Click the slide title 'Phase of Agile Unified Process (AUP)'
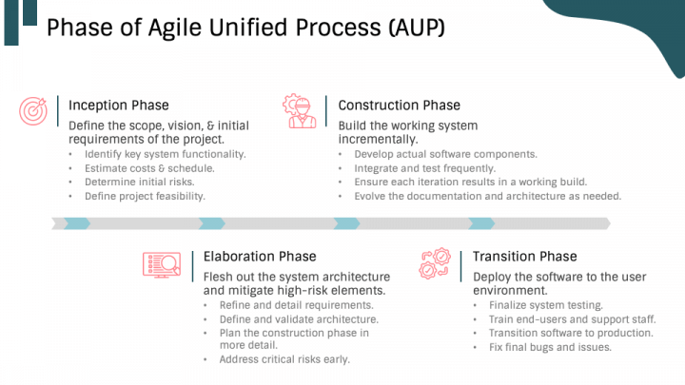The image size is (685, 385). pyautogui.click(x=245, y=27)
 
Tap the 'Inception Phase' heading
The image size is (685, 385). pyautogui.click(x=118, y=106)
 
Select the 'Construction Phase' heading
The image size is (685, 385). pyautogui.click(x=399, y=106)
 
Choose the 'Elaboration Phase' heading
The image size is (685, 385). pyautogui.click(x=260, y=257)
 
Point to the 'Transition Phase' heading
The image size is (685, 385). pyautogui.click(x=524, y=257)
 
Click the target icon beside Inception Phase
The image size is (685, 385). pyautogui.click(x=33, y=111)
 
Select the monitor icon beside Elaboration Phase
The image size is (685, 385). pyautogui.click(x=161, y=263)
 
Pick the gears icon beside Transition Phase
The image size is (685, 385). pyautogui.click(x=435, y=263)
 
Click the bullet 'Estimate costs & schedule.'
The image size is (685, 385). pyautogui.click(x=149, y=168)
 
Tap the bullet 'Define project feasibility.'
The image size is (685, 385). pyautogui.click(x=145, y=197)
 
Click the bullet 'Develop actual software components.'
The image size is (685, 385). pyautogui.click(x=445, y=154)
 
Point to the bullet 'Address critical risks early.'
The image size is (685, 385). pyautogui.click(x=284, y=360)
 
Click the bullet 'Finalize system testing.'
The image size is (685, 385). pyautogui.click(x=545, y=305)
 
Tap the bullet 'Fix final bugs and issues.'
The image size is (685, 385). pyautogui.click(x=550, y=347)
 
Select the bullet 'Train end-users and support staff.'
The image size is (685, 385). pyautogui.click(x=572, y=319)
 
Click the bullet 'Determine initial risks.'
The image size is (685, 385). pyautogui.click(x=139, y=183)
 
